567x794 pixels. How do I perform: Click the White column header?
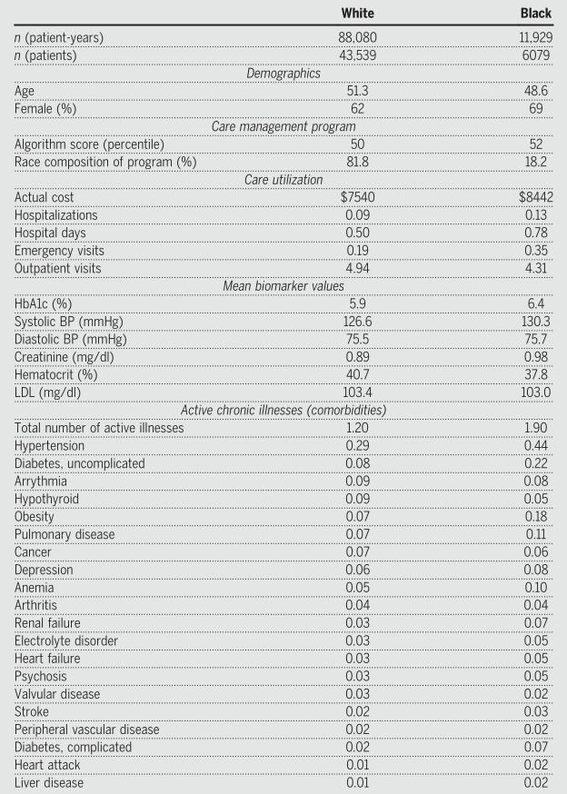pyautogui.click(x=356, y=14)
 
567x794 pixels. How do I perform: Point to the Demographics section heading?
pyautogui.click(x=283, y=74)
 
